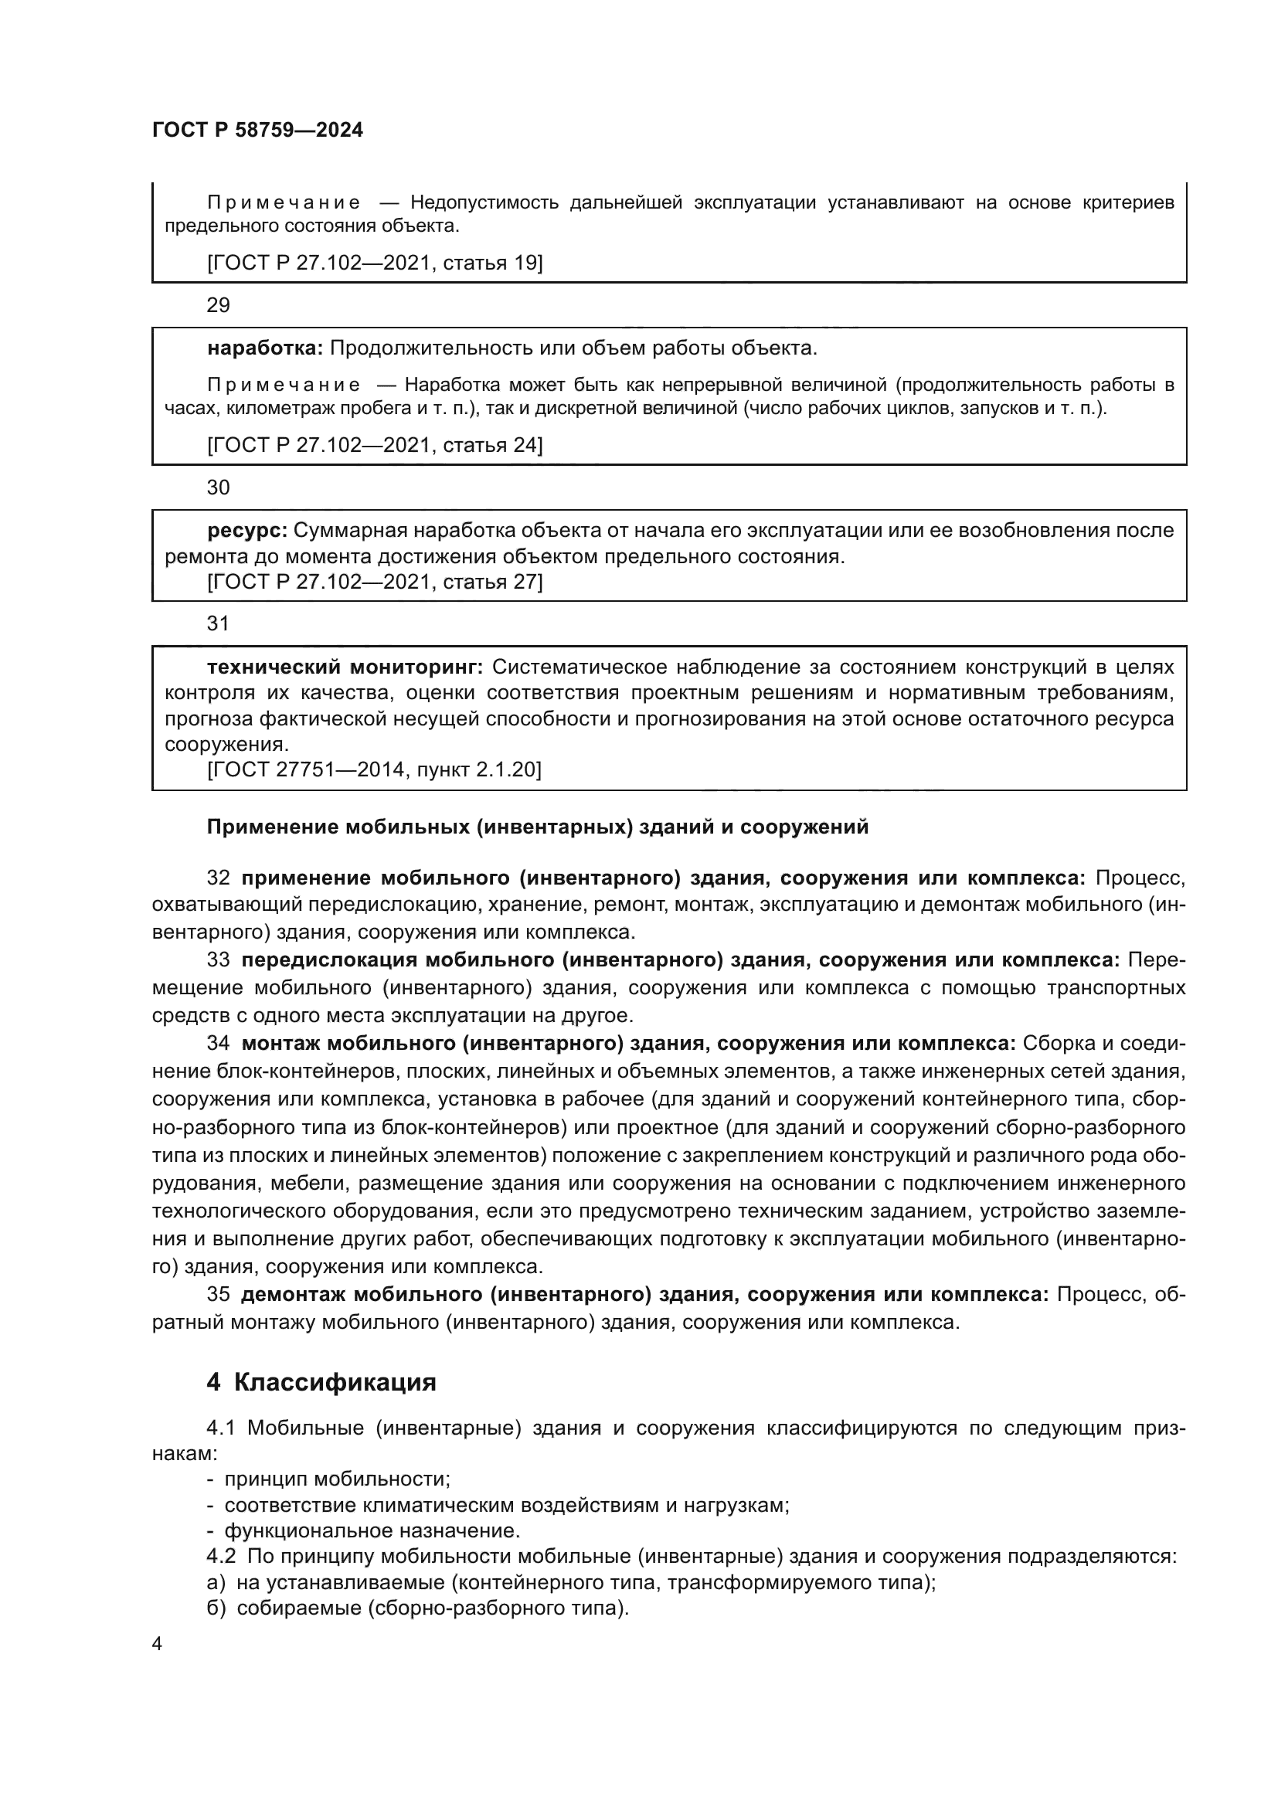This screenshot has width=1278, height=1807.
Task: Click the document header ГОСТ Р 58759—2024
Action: [x=257, y=130]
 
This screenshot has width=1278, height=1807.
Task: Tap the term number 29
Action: [x=218, y=305]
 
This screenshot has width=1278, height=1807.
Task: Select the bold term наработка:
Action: [x=265, y=348]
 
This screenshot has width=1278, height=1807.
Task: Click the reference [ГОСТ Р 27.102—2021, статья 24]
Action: [x=375, y=446]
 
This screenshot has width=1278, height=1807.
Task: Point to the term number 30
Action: [x=218, y=488]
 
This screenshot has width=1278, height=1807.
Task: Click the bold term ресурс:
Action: [x=247, y=531]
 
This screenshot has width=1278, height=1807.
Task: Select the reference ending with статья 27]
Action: [x=375, y=582]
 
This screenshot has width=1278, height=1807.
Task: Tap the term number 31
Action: [x=217, y=623]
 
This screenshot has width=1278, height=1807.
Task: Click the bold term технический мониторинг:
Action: [x=345, y=667]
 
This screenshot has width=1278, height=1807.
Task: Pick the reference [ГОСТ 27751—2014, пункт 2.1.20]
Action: [x=375, y=769]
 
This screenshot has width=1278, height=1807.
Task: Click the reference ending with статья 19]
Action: [x=375, y=263]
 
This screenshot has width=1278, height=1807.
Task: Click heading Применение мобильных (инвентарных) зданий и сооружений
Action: [x=538, y=827]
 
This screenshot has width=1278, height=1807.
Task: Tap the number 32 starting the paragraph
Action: [x=218, y=878]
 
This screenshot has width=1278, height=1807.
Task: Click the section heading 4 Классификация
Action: [x=321, y=1383]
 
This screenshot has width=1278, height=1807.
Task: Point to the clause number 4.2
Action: [x=221, y=1557]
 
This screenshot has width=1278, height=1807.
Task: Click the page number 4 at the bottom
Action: [x=157, y=1644]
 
